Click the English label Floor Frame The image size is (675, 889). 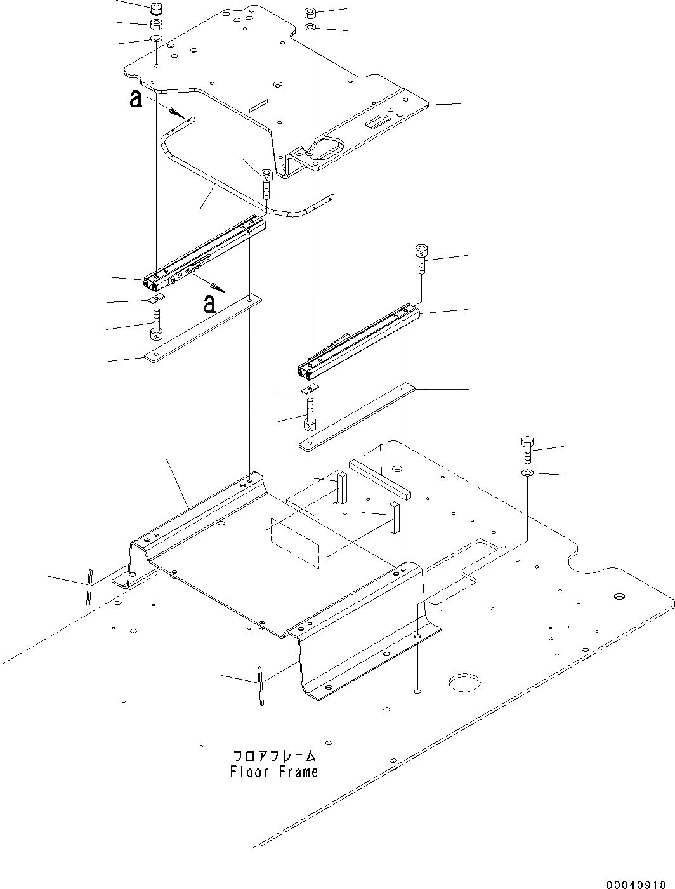(x=274, y=772)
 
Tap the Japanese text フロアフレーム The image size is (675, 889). (x=274, y=756)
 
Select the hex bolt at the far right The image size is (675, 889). (x=527, y=450)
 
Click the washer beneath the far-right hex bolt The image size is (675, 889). (x=527, y=474)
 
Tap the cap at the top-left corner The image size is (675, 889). (x=155, y=10)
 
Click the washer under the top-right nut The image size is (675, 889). (x=311, y=28)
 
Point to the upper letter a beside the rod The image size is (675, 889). (x=134, y=100)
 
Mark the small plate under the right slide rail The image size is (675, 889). (x=310, y=389)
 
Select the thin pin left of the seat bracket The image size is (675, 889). (x=90, y=587)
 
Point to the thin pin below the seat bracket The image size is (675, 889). (x=260, y=685)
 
